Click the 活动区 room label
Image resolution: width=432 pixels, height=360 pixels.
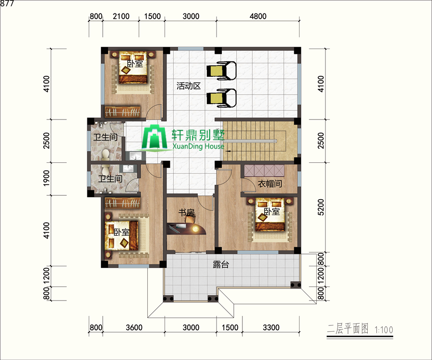click(x=189, y=86)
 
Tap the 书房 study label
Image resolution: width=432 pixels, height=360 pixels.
click(x=187, y=212)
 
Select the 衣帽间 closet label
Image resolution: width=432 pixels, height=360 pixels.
click(x=270, y=184)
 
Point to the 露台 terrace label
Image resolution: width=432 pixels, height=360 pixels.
click(x=221, y=264)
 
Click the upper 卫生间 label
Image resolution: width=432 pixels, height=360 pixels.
click(x=105, y=137)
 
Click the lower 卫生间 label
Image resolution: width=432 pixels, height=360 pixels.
click(x=110, y=179)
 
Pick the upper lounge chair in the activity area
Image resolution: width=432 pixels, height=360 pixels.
click(x=221, y=71)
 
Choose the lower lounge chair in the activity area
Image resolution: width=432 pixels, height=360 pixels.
click(x=221, y=98)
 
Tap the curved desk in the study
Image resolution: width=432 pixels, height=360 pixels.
click(x=187, y=229)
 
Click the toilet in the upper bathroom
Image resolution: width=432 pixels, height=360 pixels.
click(x=105, y=155)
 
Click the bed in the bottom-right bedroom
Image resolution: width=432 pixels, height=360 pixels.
click(x=270, y=214)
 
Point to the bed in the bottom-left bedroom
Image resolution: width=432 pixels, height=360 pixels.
click(x=121, y=235)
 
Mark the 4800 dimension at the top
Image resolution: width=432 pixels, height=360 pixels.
click(x=258, y=16)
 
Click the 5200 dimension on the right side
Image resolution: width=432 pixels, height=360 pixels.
click(x=321, y=207)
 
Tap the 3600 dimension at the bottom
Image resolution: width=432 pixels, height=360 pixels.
click(x=134, y=327)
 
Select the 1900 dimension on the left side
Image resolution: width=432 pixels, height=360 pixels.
click(x=47, y=178)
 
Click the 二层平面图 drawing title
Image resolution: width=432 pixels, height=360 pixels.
click(x=348, y=329)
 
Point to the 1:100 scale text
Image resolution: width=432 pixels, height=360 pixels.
click(x=384, y=329)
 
